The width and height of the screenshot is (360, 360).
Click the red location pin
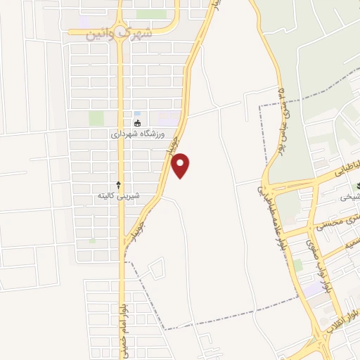coord(181,165)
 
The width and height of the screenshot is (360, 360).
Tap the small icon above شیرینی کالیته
coord(118,184)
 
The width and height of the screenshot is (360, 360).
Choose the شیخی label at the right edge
coord(349,198)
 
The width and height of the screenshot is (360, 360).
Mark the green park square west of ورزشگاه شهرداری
coord(96,118)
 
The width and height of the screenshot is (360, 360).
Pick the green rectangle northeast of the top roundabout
coord(150,14)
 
